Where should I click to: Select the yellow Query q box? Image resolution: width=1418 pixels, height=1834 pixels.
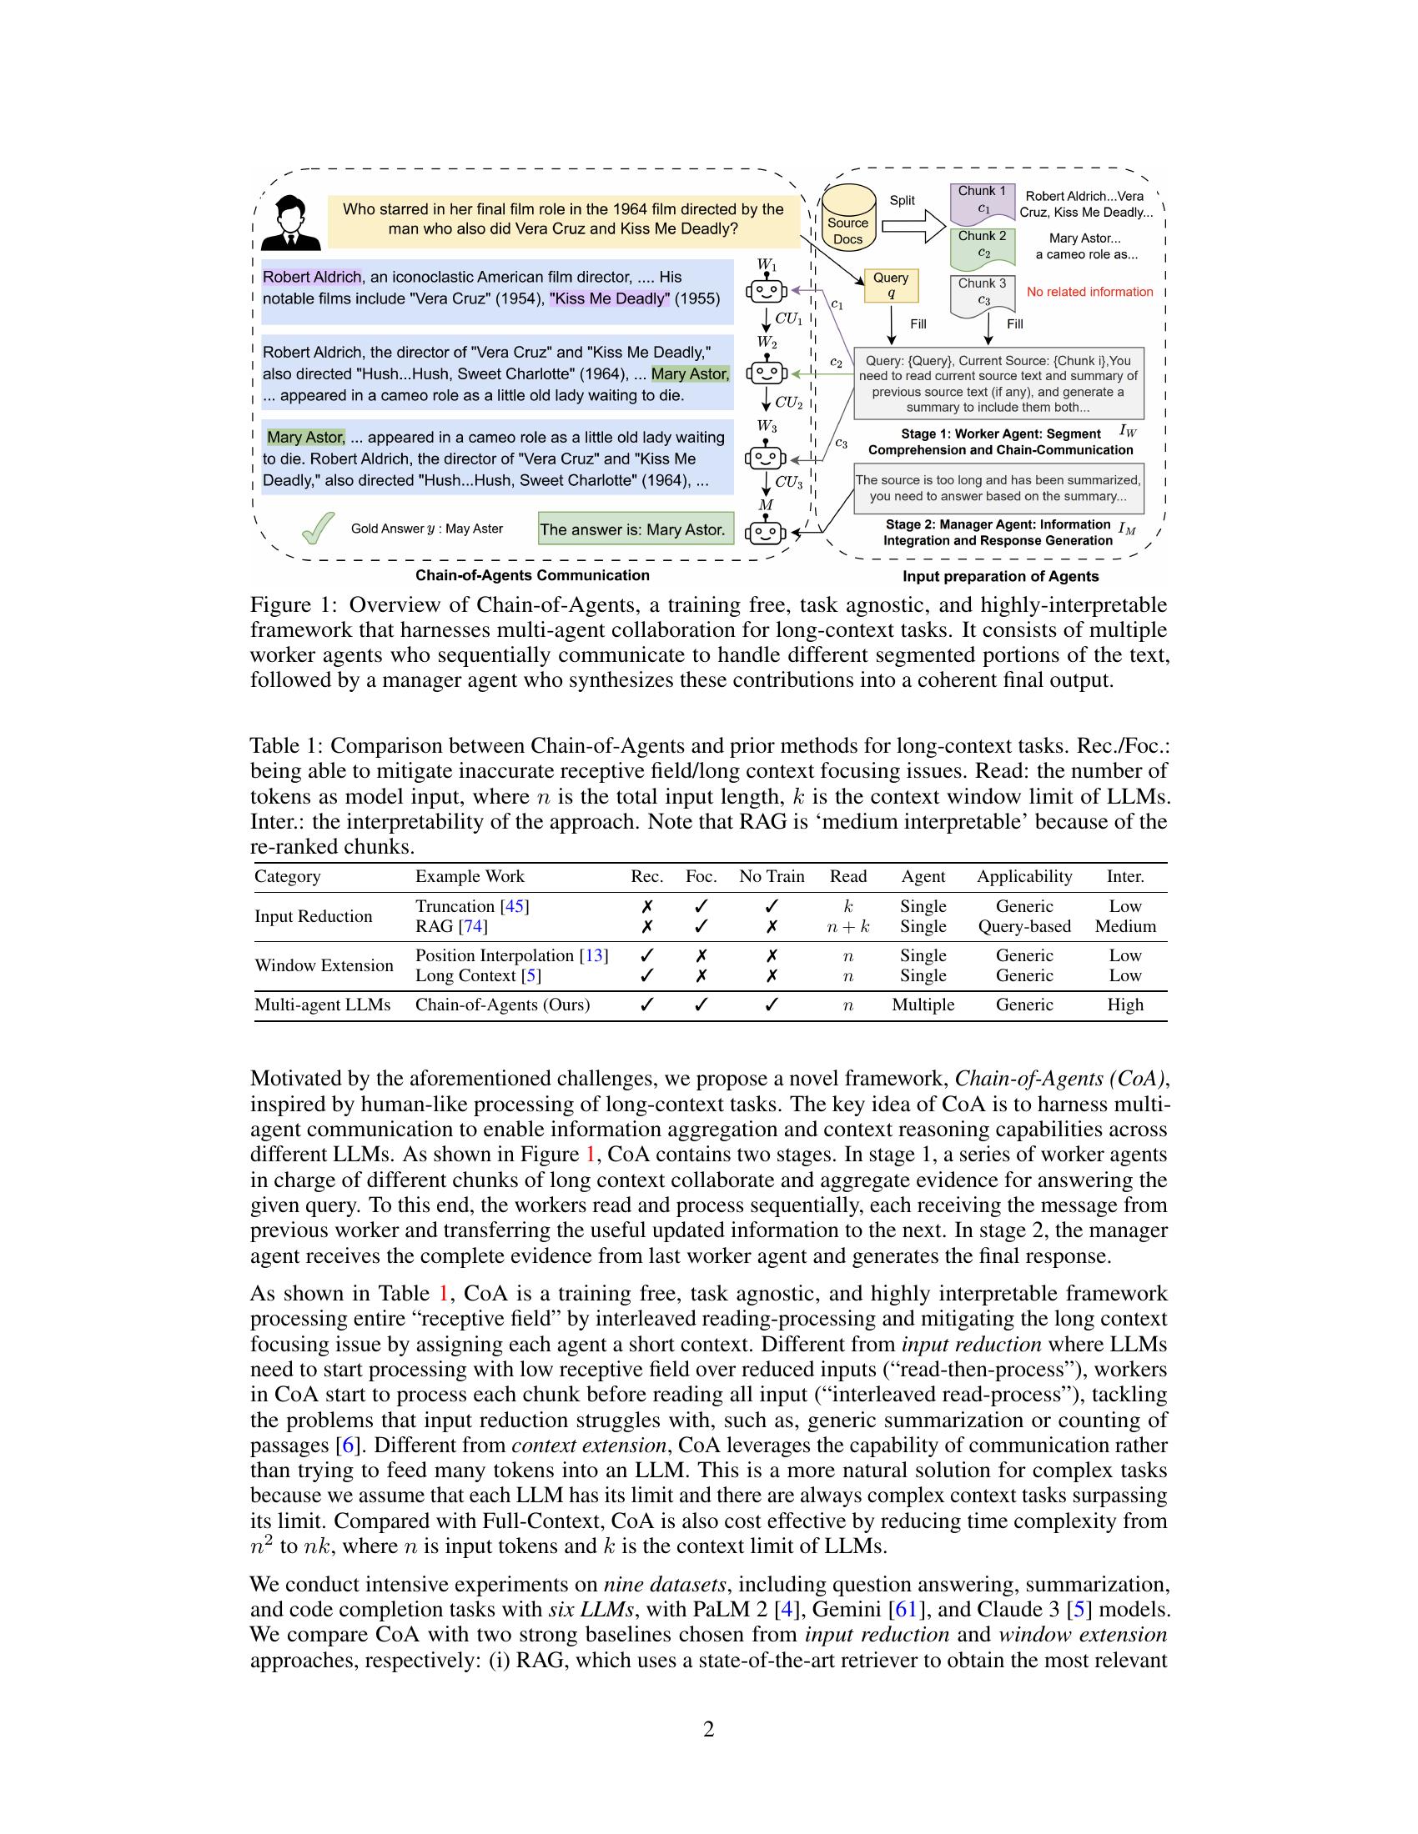(891, 285)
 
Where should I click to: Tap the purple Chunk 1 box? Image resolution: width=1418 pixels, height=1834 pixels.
(982, 201)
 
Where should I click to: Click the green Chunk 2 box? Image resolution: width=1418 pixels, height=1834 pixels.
(982, 245)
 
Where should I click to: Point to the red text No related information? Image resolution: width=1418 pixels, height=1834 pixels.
(1089, 293)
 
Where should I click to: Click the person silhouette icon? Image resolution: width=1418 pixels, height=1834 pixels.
(290, 223)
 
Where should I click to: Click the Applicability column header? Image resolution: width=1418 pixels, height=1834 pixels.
(1024, 877)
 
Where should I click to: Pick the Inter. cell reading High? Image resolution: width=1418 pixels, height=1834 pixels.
(1125, 1005)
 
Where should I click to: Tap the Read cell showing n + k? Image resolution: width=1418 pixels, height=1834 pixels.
(847, 927)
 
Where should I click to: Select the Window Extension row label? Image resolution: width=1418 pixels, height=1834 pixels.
(324, 965)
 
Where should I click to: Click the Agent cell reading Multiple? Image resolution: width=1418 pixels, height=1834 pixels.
(923, 1005)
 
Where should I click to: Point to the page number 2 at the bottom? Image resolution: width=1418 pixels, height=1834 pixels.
(708, 1728)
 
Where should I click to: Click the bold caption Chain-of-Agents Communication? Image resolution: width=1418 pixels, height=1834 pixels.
(532, 575)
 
